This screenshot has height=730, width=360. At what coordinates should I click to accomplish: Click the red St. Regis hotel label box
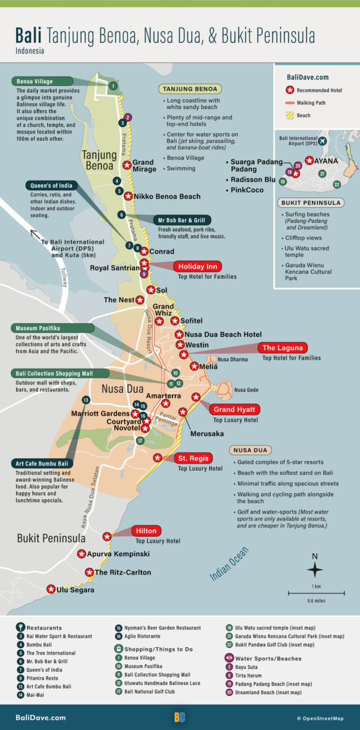coord(193,458)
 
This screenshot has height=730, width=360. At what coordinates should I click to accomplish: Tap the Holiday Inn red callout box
coord(197,267)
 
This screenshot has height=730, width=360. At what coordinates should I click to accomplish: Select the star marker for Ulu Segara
coord(51,589)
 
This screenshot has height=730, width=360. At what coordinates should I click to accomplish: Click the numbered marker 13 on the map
coord(85,400)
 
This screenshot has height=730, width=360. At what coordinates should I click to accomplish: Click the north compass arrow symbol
coord(314,570)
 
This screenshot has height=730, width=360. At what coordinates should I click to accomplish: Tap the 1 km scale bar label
coord(317,587)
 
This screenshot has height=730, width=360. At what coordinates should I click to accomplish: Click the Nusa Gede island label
coord(246,390)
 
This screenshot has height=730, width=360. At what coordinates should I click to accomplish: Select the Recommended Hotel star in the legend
coord(291,90)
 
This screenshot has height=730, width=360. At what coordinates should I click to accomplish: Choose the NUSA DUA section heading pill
coord(251,450)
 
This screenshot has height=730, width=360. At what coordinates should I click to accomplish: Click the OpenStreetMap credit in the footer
coord(320,718)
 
